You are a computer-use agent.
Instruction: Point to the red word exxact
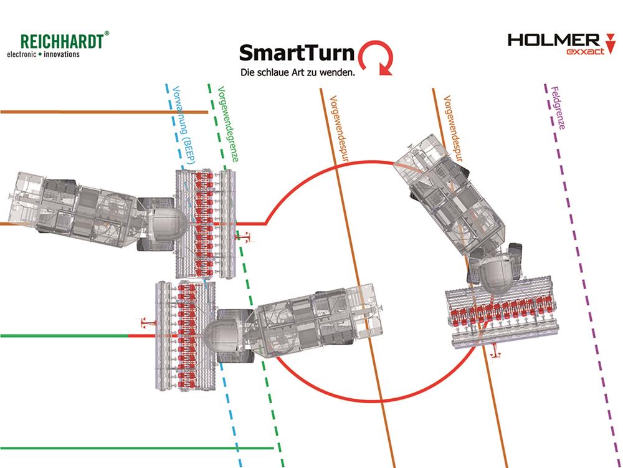585,52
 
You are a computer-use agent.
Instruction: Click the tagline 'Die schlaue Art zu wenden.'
298,73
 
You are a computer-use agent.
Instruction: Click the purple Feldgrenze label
558,108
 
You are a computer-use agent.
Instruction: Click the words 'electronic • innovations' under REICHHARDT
43,55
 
